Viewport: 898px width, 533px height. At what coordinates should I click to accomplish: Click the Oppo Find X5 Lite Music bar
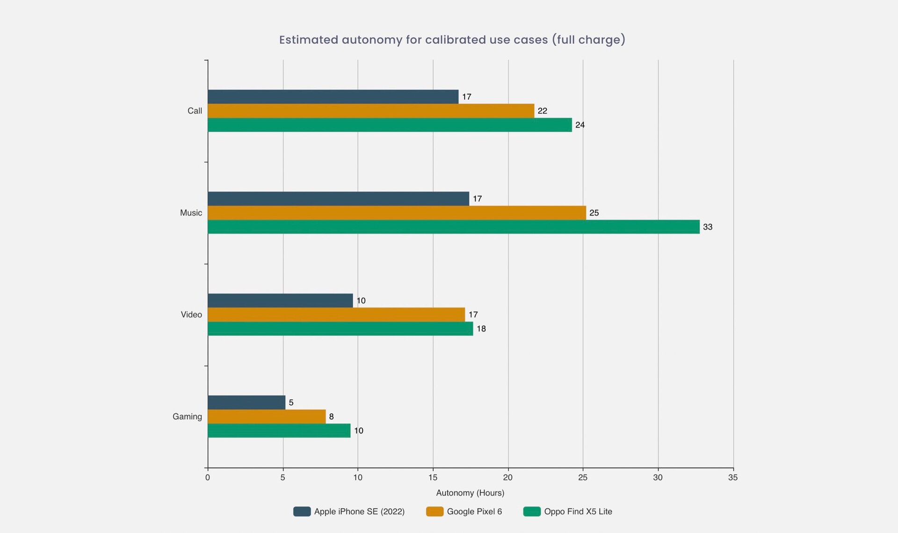point(454,227)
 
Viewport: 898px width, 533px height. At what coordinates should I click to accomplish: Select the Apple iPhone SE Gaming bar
point(246,403)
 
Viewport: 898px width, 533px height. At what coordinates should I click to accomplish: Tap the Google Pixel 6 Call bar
point(371,111)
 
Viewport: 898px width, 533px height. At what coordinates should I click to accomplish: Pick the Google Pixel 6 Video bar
point(336,315)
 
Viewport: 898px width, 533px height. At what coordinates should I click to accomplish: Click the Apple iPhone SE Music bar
point(338,199)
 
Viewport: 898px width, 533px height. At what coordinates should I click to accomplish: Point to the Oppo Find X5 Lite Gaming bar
point(279,431)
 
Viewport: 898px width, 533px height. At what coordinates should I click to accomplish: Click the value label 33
point(708,227)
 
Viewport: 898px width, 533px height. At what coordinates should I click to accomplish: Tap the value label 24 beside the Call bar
point(580,125)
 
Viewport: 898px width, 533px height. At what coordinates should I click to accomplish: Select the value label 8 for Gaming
point(331,417)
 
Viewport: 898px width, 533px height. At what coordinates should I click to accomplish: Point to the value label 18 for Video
point(481,329)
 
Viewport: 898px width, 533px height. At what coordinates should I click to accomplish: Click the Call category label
point(195,111)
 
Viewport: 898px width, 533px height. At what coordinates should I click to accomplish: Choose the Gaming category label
point(187,417)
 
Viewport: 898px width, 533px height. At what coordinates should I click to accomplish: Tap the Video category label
point(191,315)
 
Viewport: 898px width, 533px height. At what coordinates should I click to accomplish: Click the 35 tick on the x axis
point(733,477)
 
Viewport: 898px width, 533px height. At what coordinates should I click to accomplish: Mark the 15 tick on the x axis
point(433,477)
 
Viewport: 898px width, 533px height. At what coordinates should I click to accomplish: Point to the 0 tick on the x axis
point(208,477)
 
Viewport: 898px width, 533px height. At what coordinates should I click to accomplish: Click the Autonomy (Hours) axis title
point(470,493)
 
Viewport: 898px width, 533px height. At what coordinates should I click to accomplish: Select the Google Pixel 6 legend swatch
point(435,511)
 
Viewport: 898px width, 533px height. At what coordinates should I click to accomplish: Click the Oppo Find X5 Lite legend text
point(578,511)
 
